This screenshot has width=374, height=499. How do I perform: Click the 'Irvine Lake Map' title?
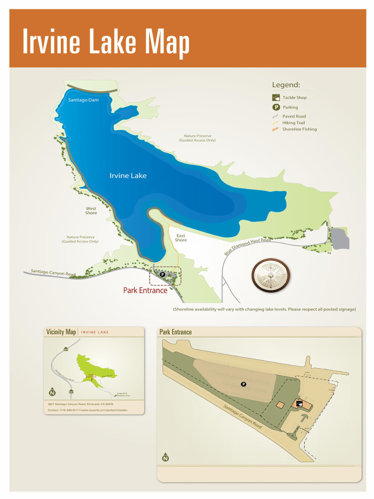tap(106, 43)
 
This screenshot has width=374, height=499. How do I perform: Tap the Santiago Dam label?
tap(83, 100)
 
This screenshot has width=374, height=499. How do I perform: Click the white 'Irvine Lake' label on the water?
tap(128, 175)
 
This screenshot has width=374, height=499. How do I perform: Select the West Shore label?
tap(91, 211)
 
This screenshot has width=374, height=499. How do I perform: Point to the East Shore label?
tap(181, 238)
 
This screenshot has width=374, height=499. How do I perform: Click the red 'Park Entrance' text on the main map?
tap(145, 290)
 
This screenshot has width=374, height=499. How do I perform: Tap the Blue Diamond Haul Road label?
tap(247, 247)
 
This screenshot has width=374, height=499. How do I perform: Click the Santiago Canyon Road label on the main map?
tap(53, 273)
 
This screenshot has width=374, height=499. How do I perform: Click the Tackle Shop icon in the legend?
tap(276, 97)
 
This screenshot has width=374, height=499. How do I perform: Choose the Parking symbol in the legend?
tap(276, 107)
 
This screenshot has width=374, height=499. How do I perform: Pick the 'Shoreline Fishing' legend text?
tap(299, 129)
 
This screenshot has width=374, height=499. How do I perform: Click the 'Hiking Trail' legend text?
tap(294, 123)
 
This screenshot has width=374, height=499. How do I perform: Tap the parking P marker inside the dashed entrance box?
tap(163, 274)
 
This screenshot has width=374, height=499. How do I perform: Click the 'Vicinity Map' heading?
tap(61, 332)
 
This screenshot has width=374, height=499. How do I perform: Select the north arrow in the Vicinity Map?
tap(52, 392)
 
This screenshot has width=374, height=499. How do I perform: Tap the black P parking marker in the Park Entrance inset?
tap(243, 384)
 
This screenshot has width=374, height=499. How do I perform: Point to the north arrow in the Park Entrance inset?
tap(166, 457)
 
